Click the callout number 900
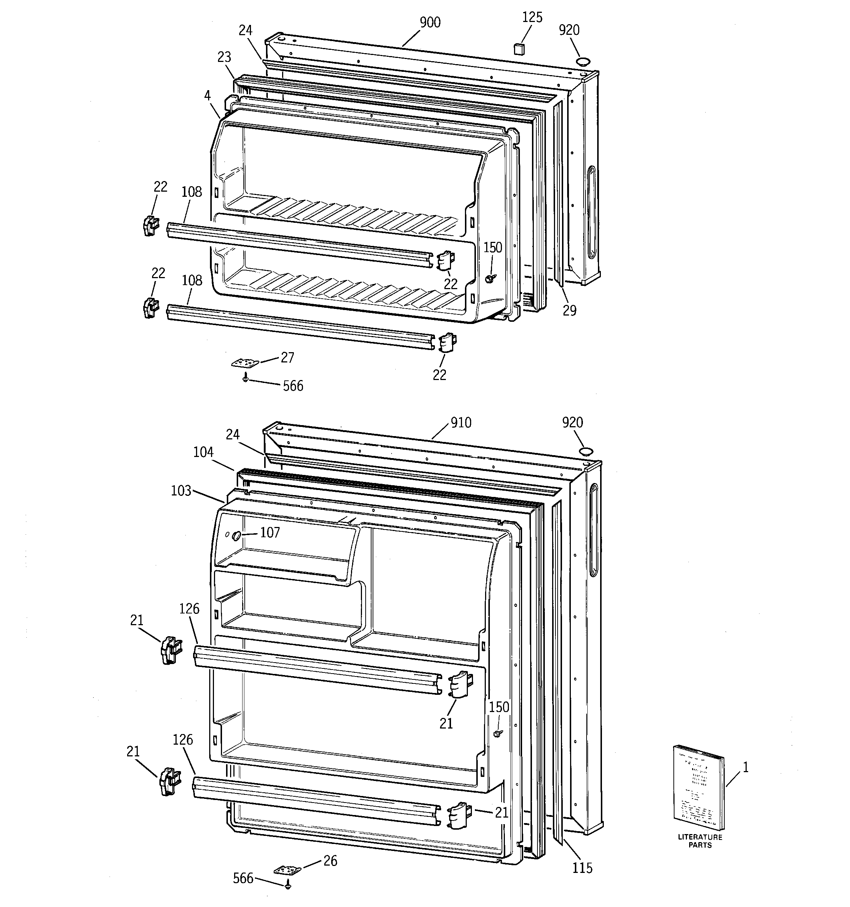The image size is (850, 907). pos(430,22)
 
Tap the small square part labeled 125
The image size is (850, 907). pos(518,49)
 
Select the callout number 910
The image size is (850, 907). pos(461,423)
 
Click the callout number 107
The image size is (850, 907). pos(270,532)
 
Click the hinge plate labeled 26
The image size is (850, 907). pos(288,870)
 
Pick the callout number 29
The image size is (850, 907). pos(569,310)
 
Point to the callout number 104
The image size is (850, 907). pos(203,452)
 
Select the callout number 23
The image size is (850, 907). pos(224,57)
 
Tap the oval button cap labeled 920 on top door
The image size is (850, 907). pos(582,61)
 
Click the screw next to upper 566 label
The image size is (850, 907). pos(245,377)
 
